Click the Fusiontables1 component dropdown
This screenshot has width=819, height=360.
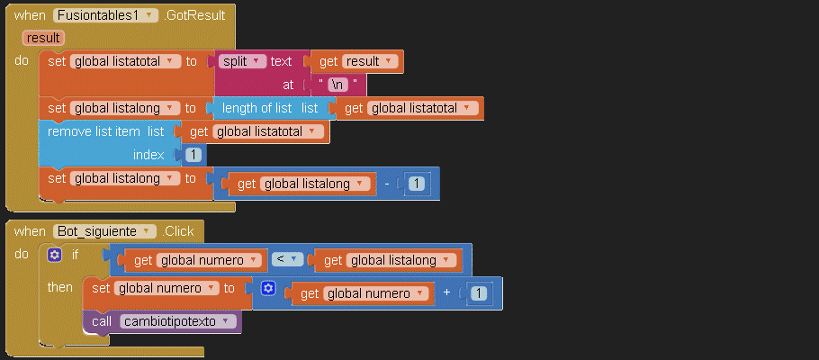tap(106, 15)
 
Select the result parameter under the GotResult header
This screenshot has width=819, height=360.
tap(43, 38)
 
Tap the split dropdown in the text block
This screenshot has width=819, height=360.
tap(243, 61)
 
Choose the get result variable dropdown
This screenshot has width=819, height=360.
tap(369, 61)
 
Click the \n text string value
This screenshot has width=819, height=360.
tap(337, 85)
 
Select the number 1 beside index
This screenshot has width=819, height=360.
tap(193, 155)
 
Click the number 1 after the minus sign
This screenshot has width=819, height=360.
tap(416, 184)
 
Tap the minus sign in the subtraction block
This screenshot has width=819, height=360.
tap(386, 184)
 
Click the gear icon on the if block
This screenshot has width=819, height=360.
tap(55, 255)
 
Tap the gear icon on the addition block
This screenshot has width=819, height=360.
tap(267, 288)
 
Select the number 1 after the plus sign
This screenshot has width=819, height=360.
tap(479, 293)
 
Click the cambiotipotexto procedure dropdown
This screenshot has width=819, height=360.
tap(178, 321)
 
